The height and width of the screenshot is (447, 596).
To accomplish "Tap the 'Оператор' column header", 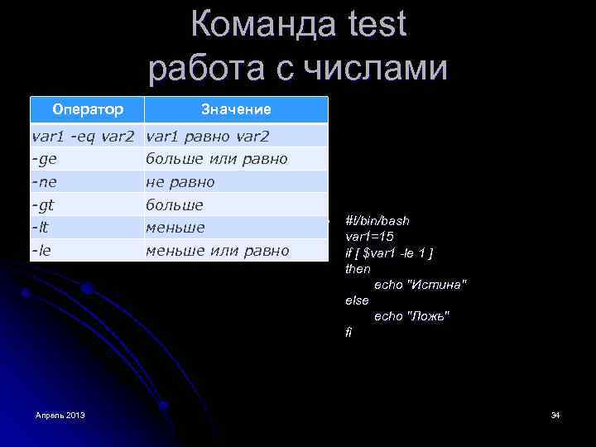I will [x=88, y=109].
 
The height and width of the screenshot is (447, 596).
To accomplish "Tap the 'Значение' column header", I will [x=236, y=109].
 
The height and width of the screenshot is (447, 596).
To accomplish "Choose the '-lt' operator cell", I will [x=41, y=227].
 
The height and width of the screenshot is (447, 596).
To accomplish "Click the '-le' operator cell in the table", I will [x=42, y=250].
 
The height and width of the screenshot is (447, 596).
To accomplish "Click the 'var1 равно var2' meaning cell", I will [x=206, y=135].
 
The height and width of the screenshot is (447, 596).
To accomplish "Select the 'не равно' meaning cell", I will [x=180, y=181].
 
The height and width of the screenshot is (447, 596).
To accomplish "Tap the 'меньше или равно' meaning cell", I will [x=217, y=250].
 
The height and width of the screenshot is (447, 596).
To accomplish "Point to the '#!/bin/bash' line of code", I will [x=377, y=221].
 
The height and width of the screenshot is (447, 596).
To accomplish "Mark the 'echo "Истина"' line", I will [x=420, y=285].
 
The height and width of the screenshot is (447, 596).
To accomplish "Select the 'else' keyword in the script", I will [x=357, y=300].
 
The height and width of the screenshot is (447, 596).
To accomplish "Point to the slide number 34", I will [x=555, y=414].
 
